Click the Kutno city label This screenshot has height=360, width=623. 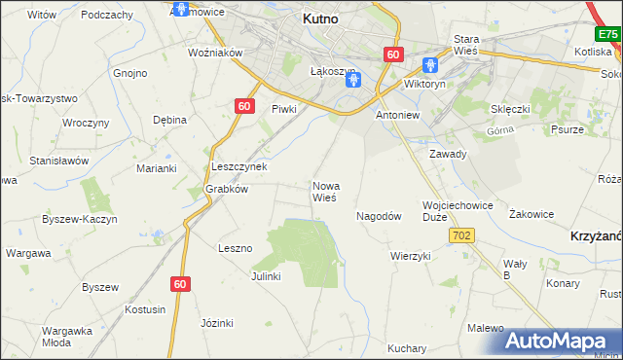click(x=320, y=18)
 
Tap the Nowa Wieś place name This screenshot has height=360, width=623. click(x=325, y=191)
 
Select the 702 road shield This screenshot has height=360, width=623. click(x=461, y=235)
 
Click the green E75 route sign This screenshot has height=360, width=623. click(x=608, y=34)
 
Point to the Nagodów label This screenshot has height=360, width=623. click(x=379, y=216)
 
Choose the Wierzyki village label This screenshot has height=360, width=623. click(x=410, y=256)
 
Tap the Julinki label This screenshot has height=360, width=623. click(x=265, y=275)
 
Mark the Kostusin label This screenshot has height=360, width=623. click(x=145, y=308)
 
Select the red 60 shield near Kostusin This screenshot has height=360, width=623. click(x=179, y=283)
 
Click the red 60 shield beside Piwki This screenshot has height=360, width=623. click(x=244, y=105)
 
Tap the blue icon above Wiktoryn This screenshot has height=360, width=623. click(x=430, y=66)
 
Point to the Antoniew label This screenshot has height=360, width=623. click(x=397, y=115)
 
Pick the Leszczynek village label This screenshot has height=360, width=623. click(x=239, y=166)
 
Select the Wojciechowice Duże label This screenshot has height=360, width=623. click(x=458, y=211)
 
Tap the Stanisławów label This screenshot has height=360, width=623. click(x=59, y=161)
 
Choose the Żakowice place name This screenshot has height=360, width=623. click(x=531, y=213)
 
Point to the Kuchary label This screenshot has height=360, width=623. click(x=407, y=347)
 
